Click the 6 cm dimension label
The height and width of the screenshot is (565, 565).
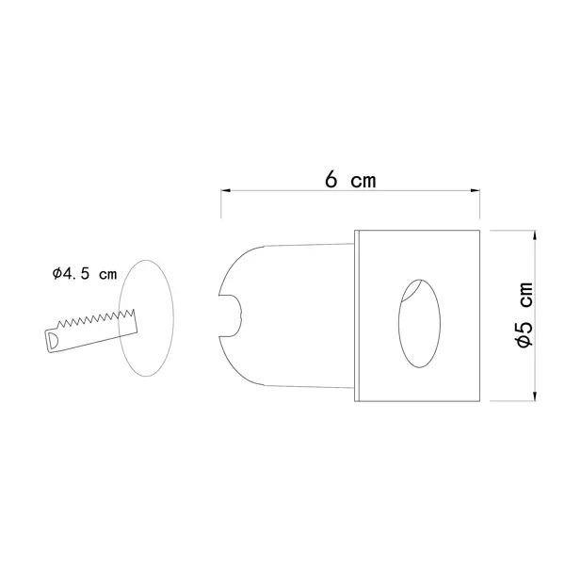350,180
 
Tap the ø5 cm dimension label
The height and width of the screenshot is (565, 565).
525,315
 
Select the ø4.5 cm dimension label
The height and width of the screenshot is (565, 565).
85,274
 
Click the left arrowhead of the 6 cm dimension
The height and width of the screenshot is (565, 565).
226,190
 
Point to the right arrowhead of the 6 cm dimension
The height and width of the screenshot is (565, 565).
476,190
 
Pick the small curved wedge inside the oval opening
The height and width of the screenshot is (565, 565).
412,290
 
